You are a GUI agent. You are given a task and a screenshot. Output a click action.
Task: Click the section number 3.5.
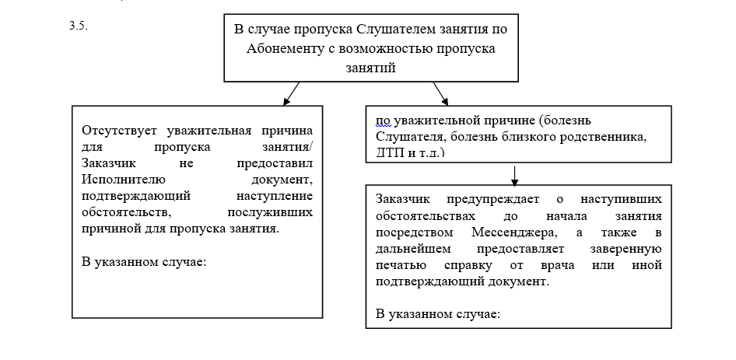79,26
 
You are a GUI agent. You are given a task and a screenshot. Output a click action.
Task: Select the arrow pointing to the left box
291,93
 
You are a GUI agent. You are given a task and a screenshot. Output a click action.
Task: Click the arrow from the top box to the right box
441,93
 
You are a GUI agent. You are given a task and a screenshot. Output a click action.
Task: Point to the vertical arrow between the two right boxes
514,176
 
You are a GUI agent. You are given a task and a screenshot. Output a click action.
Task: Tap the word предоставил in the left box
275,163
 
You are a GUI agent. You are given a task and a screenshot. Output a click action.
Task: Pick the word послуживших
270,212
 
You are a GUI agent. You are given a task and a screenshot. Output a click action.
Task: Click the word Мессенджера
514,232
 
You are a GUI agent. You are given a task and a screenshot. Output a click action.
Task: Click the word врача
557,265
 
